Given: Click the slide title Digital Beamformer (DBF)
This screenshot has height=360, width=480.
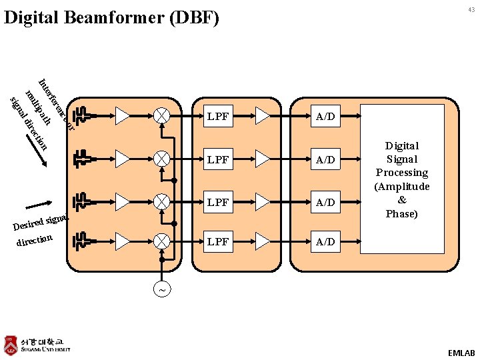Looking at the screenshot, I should click(111, 17).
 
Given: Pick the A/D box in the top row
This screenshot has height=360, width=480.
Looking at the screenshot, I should click(325, 117).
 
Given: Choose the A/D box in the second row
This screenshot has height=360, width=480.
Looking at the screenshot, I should click(325, 160).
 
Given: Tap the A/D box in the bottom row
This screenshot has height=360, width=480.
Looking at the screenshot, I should click(325, 241).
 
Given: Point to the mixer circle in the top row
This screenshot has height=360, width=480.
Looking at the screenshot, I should click(161, 116).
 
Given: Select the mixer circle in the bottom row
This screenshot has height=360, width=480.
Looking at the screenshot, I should click(161, 241).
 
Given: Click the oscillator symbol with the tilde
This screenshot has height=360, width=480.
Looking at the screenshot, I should click(161, 290).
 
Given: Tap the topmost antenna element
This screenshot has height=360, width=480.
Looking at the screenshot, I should click(82, 116).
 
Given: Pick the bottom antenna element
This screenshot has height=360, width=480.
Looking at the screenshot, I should click(82, 241).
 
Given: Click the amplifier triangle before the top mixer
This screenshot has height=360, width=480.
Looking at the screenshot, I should click(123, 116).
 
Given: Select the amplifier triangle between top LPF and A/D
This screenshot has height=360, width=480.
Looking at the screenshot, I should click(263, 116).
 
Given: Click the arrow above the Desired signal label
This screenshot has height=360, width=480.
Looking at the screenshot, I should click(39, 204).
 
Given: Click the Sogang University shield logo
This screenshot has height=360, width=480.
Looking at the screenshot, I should click(11, 345).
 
